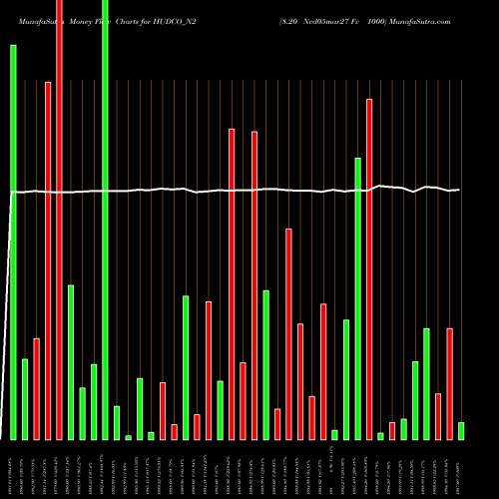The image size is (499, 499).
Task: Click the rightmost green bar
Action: (x=461, y=431)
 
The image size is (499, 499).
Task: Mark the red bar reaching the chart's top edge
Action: (x=60, y=220)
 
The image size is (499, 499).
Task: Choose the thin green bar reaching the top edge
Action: (x=106, y=220)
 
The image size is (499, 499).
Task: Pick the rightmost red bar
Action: (x=449, y=384)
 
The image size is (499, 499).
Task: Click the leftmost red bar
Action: (x=37, y=389)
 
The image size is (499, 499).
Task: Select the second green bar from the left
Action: (x=25, y=399)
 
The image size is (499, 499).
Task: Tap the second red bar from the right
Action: (x=438, y=417)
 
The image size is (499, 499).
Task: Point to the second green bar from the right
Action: (x=426, y=384)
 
